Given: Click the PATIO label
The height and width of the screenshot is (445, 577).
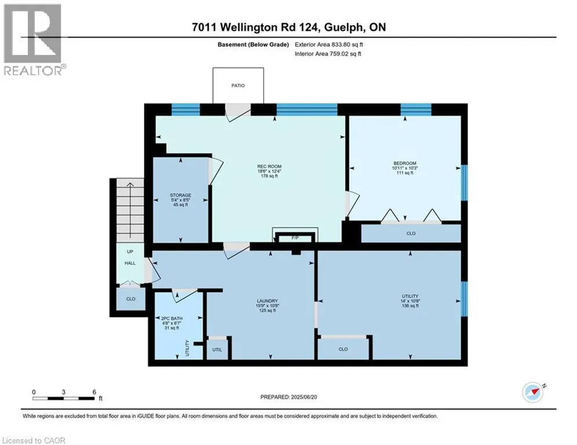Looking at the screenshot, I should [238, 85].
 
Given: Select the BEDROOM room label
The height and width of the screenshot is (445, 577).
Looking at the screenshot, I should [405, 163].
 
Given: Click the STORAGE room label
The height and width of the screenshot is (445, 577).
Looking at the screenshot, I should [180, 195].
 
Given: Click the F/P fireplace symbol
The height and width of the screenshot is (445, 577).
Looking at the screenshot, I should [295, 238].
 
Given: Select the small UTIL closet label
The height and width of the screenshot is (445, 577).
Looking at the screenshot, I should [217, 350].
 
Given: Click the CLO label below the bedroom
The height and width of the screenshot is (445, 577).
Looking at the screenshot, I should [411, 234].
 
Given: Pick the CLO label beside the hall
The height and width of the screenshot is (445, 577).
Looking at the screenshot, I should [130, 299].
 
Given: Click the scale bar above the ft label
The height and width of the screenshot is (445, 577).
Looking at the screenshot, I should [64, 397].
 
